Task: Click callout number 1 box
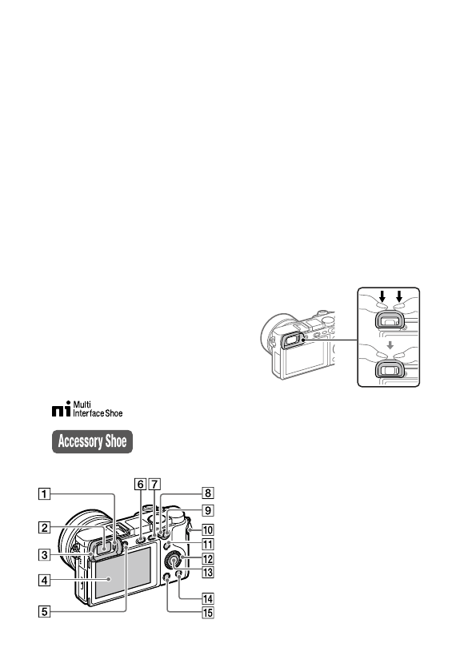[45, 493]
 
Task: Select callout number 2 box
[45, 527]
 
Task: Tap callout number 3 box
[45, 555]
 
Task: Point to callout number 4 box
[45, 581]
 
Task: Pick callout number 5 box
[45, 611]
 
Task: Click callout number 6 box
[141, 485]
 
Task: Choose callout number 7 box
[154, 485]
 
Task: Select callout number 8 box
[208, 493]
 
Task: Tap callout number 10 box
[208, 529]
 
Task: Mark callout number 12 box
[208, 559]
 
